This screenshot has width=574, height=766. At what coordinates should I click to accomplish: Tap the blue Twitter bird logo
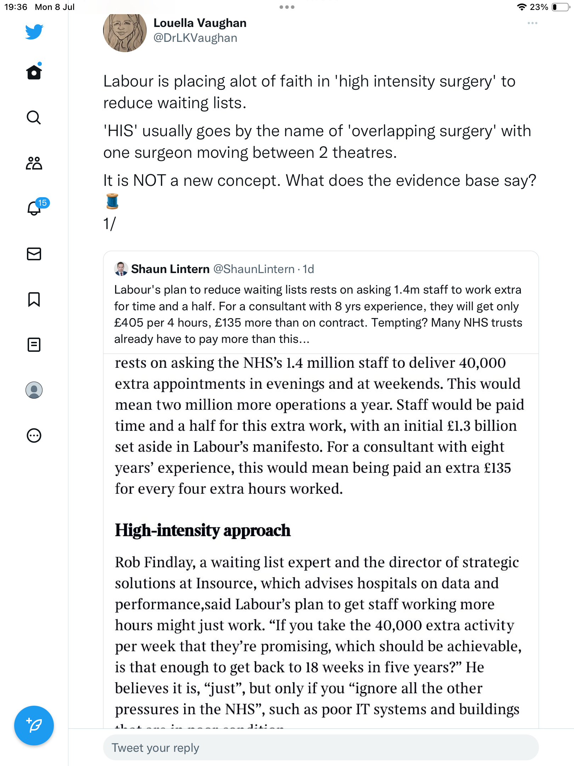tap(34, 32)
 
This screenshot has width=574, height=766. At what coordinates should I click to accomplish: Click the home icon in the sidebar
tap(34, 72)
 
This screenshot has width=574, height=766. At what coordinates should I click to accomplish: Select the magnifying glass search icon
tap(34, 117)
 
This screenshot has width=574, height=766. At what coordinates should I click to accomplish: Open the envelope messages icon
tap(34, 254)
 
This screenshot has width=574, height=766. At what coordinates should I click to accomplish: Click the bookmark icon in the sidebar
tap(34, 299)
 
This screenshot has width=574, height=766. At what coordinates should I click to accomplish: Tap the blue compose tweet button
tap(34, 725)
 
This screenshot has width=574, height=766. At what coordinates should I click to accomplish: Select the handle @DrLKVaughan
tap(195, 38)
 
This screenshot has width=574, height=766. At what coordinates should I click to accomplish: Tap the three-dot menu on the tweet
tap(532, 23)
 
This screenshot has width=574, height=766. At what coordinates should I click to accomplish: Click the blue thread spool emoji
tap(112, 201)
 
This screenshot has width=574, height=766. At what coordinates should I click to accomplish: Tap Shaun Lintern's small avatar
tap(121, 269)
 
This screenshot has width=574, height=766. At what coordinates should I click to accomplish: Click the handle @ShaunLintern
tap(254, 269)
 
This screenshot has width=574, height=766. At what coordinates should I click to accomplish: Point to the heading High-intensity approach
tap(203, 530)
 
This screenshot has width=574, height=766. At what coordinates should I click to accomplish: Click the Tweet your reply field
tap(321, 748)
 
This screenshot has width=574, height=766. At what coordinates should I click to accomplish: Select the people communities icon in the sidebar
tap(34, 163)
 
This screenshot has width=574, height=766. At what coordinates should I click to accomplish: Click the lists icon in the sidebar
tap(34, 344)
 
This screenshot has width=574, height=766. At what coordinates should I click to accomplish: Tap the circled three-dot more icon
tap(34, 435)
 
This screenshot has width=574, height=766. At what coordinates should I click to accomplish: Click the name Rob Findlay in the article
tap(155, 562)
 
